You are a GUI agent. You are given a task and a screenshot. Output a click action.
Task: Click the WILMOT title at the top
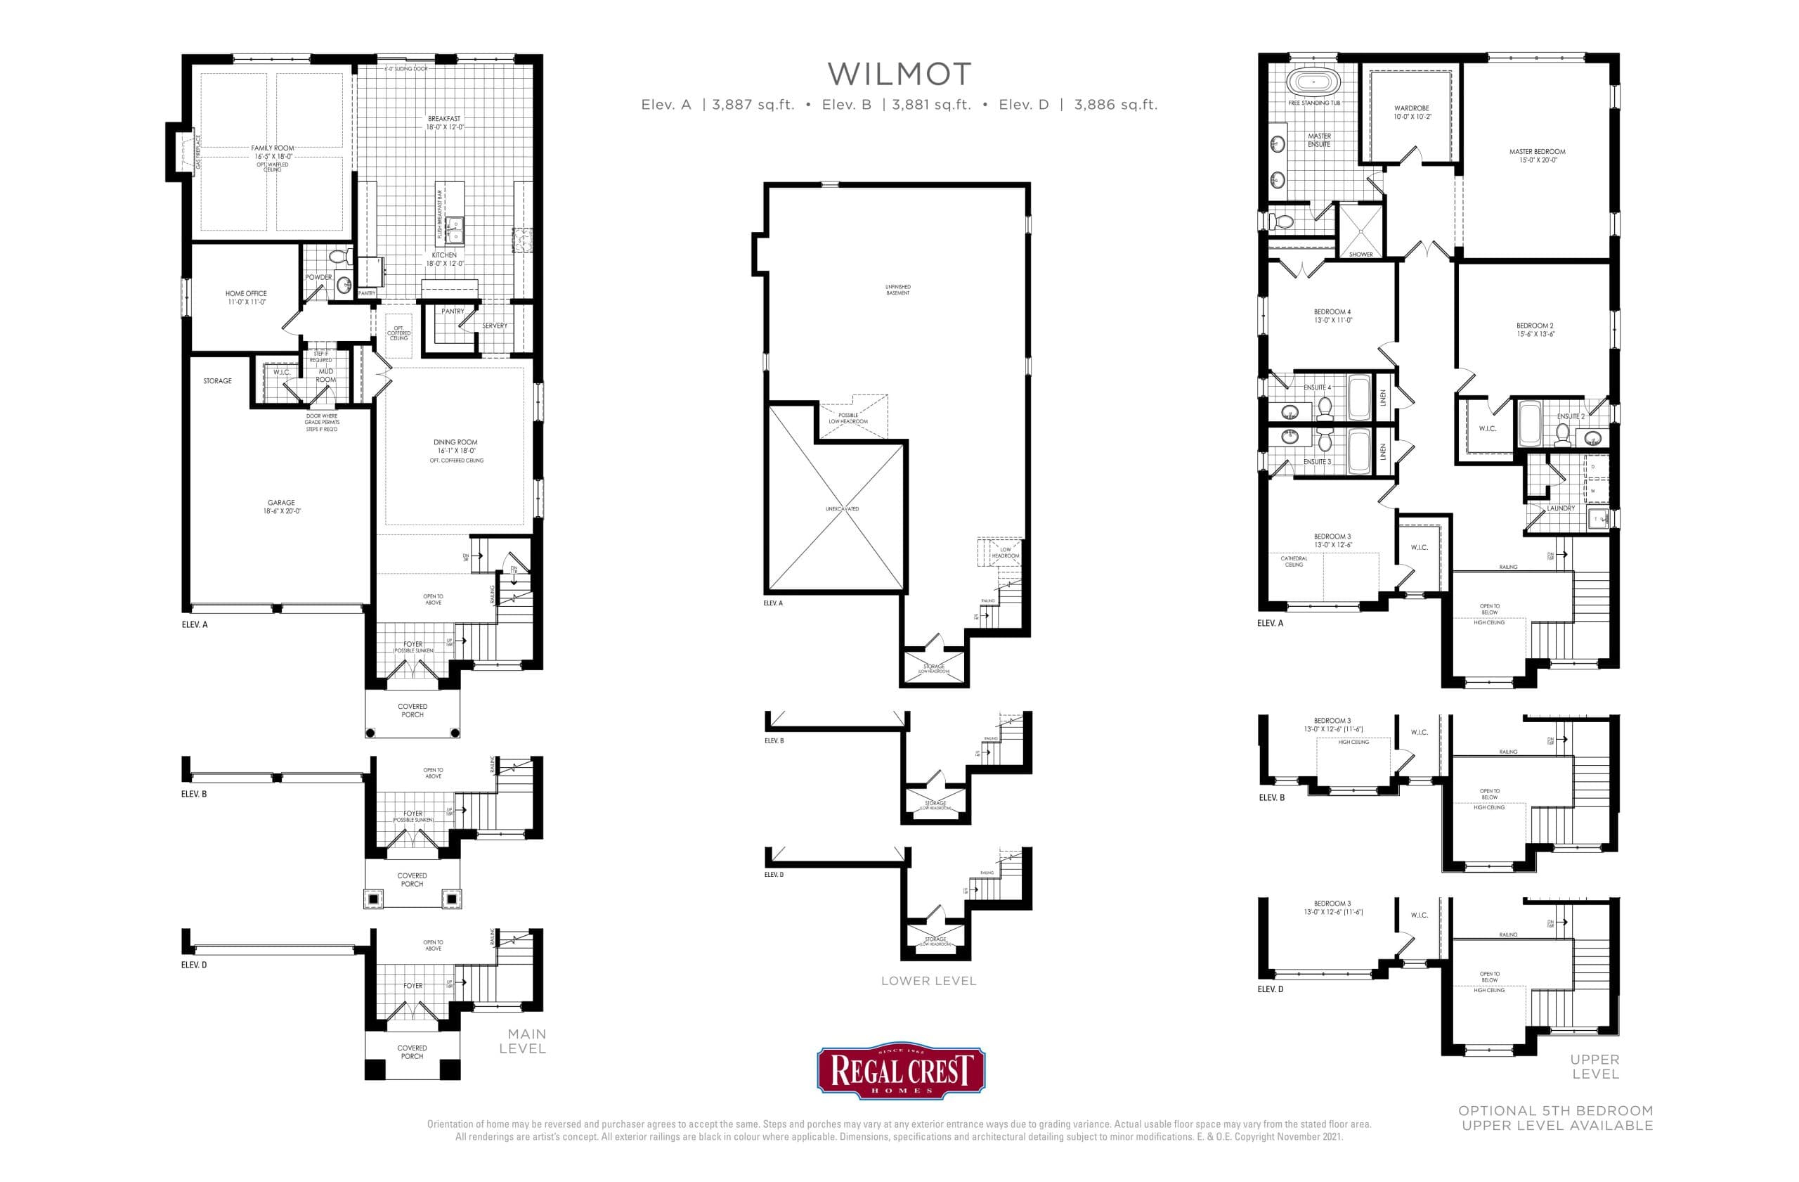click(x=899, y=74)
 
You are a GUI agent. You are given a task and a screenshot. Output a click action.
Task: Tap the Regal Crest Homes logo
click(x=900, y=1072)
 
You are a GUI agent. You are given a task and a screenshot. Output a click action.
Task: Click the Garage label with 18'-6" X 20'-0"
click(x=281, y=507)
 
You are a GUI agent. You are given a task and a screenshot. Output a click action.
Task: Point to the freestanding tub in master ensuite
click(x=1313, y=81)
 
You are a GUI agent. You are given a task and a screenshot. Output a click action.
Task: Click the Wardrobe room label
click(x=1411, y=113)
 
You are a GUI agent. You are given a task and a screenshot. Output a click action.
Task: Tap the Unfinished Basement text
click(x=898, y=290)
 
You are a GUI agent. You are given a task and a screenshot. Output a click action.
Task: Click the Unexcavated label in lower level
click(x=841, y=509)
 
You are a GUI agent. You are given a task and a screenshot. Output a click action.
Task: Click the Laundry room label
click(x=1561, y=508)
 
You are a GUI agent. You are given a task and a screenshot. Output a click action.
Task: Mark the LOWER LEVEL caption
click(x=928, y=981)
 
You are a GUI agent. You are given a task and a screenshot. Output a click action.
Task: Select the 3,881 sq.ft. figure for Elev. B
click(x=930, y=105)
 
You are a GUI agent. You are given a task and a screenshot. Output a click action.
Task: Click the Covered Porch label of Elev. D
click(x=412, y=1052)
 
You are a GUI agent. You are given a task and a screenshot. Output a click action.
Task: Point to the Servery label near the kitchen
click(x=494, y=325)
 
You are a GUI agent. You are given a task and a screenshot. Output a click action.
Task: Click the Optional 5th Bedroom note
click(x=1557, y=1118)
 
